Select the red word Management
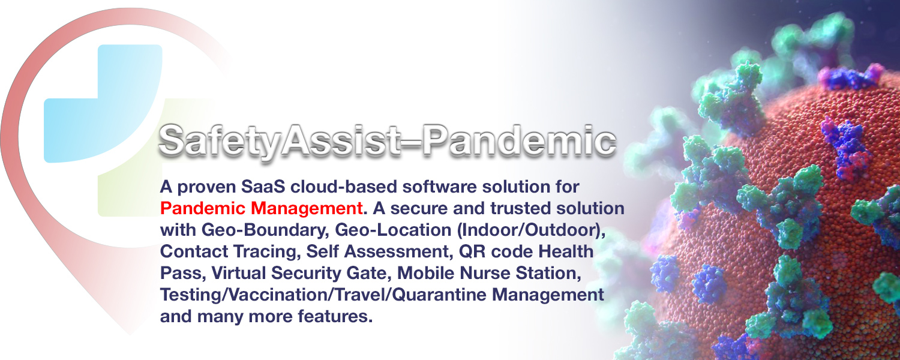coord(307,209)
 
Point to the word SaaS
coord(263,187)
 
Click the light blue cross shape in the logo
coord(103,104)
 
